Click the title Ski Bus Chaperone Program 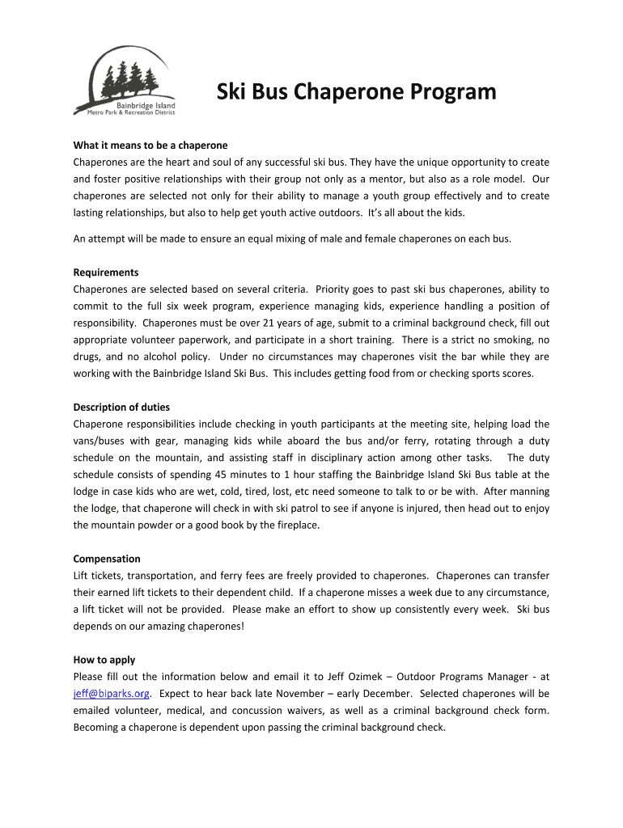tap(356, 92)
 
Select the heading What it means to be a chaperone tap(150, 146)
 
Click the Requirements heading tap(106, 272)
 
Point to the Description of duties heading tap(121, 407)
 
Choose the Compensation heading tap(107, 559)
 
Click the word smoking tap(508, 340)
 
